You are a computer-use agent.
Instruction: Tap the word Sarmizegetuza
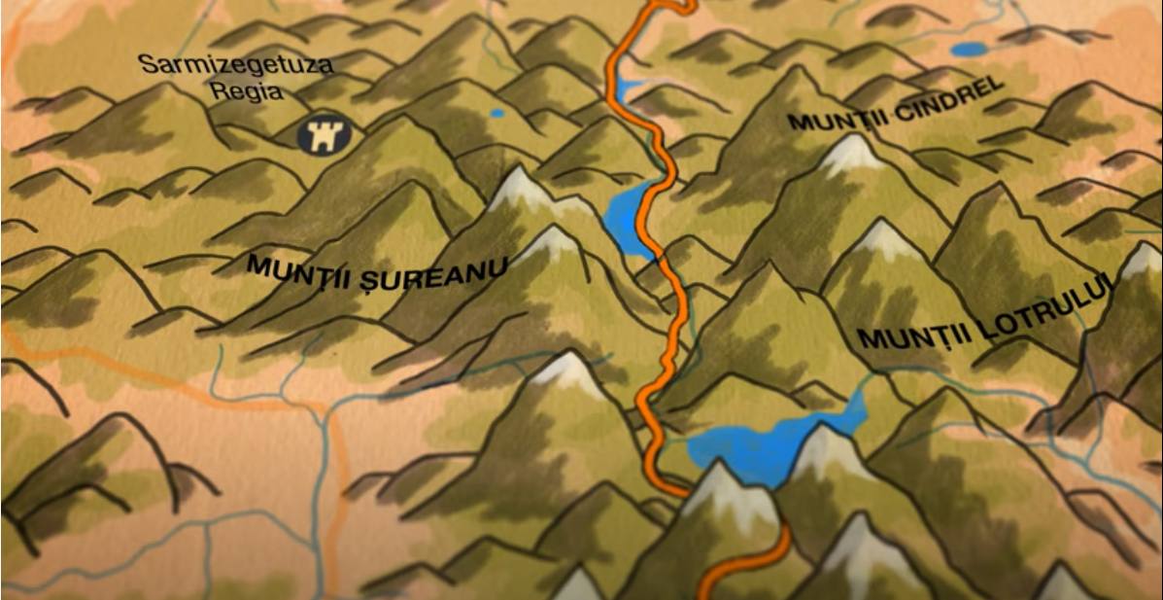235,66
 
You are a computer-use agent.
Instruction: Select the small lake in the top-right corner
969,49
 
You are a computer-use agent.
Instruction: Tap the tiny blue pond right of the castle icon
496,114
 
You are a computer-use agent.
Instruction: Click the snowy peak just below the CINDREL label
852,153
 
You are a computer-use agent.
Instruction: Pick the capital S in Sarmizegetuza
148,64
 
